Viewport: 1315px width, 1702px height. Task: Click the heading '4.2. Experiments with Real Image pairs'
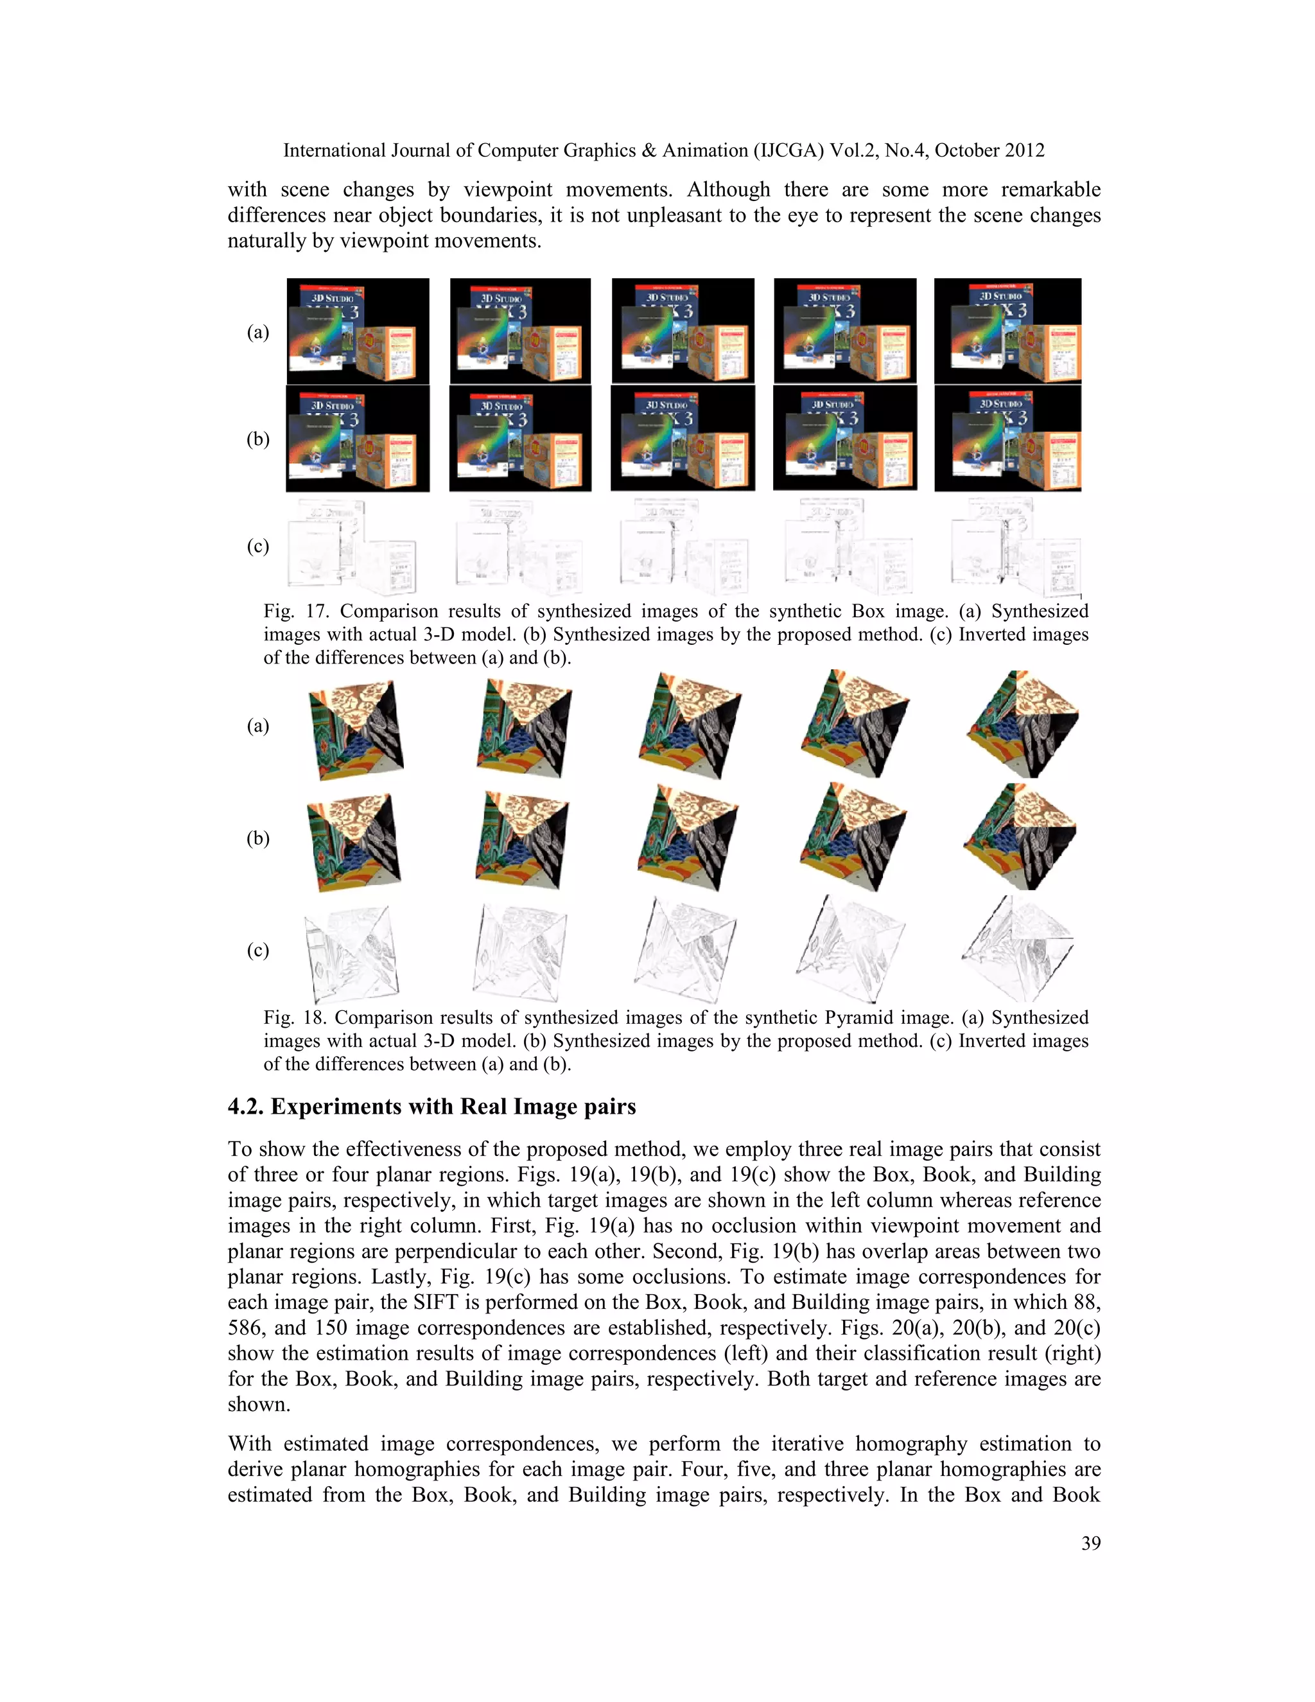pos(431,1107)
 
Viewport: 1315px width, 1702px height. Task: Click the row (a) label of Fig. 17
pos(258,333)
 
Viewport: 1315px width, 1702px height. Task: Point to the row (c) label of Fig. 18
pos(258,950)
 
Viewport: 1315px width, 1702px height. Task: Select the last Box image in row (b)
pos(1007,438)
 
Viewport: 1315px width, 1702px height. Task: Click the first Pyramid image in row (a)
pos(355,730)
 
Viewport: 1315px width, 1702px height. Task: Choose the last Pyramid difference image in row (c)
pos(1018,949)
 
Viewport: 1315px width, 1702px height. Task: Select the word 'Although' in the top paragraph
pos(727,189)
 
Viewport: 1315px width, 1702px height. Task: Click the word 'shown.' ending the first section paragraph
pos(259,1404)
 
